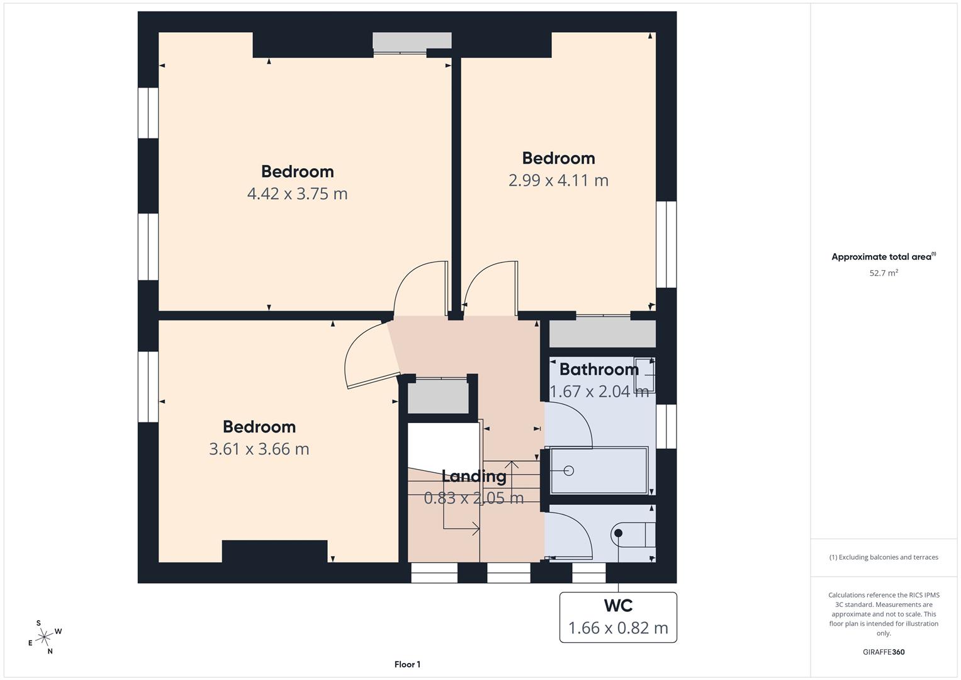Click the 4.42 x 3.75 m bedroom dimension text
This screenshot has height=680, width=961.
tap(297, 194)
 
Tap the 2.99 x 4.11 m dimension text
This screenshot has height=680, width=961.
tap(558, 181)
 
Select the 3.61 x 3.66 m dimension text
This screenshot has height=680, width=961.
tap(259, 449)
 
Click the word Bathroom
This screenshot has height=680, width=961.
tap(599, 369)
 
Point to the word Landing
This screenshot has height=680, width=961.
tap(473, 476)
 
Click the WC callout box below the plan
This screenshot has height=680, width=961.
tap(618, 617)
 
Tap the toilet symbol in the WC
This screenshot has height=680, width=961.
tap(632, 534)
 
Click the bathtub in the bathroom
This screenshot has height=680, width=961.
tap(599, 470)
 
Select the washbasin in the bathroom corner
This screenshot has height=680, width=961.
tap(645, 375)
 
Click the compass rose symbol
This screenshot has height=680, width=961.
tap(44, 637)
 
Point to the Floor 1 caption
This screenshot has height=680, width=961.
tap(407, 664)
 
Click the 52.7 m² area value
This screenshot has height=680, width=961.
tap(883, 273)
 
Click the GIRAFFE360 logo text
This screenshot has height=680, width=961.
tap(883, 652)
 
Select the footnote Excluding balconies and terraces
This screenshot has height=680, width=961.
tap(883, 557)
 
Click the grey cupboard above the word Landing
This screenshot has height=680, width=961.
tap(438, 397)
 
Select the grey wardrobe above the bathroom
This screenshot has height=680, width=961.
tap(602, 332)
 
